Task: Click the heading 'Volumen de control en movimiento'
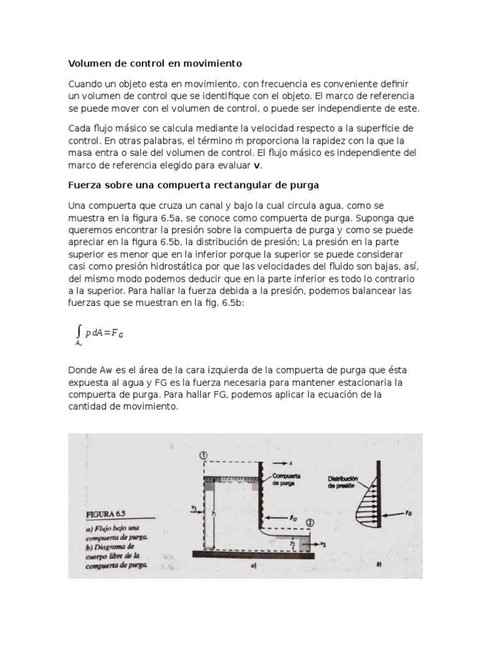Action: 155,64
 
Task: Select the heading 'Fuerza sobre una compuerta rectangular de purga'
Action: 193,185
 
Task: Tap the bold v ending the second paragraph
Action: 258,165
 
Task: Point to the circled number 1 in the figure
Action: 203,455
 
